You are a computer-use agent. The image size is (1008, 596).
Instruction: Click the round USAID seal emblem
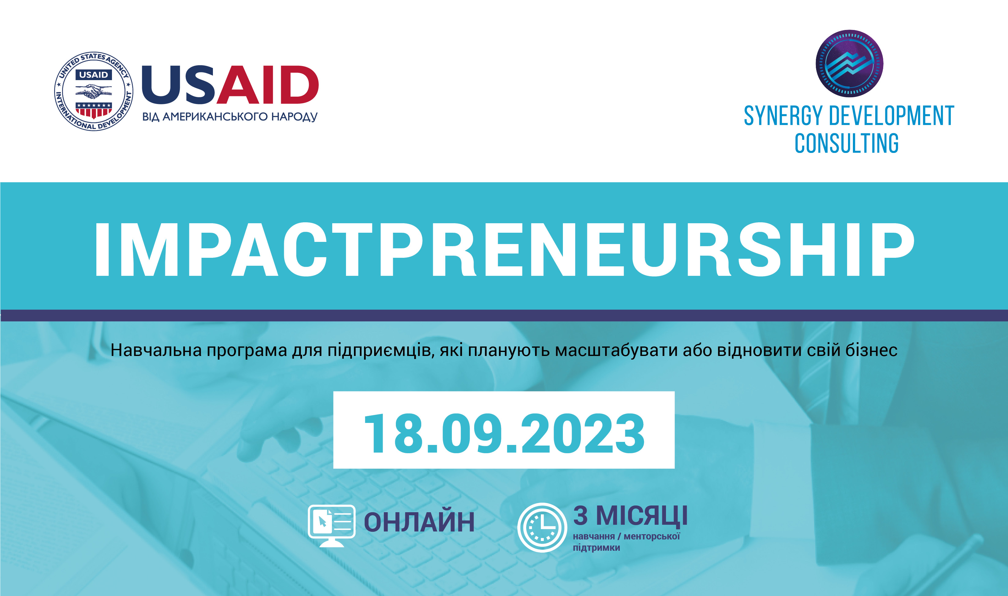pos(94,91)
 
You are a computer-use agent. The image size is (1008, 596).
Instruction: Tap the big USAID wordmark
pos(230,85)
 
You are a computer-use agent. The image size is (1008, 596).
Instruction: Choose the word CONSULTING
pos(847,143)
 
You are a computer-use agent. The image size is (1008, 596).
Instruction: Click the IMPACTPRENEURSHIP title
pos(504,250)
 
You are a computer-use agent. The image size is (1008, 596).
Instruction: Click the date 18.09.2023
pos(504,434)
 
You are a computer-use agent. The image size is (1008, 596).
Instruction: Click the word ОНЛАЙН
pos(419,522)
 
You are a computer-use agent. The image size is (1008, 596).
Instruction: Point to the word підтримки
pos(596,548)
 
